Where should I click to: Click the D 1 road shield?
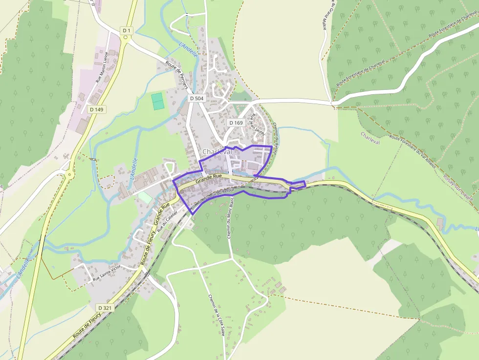[x=127, y=31]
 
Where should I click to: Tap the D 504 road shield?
[x=196, y=98]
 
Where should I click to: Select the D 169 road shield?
[x=236, y=123]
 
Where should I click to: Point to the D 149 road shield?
[x=97, y=109]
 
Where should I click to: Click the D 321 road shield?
[x=105, y=308]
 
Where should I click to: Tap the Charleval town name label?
[x=217, y=152]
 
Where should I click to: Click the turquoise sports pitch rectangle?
[x=157, y=102]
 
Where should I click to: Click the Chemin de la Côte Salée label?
[x=216, y=315]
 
